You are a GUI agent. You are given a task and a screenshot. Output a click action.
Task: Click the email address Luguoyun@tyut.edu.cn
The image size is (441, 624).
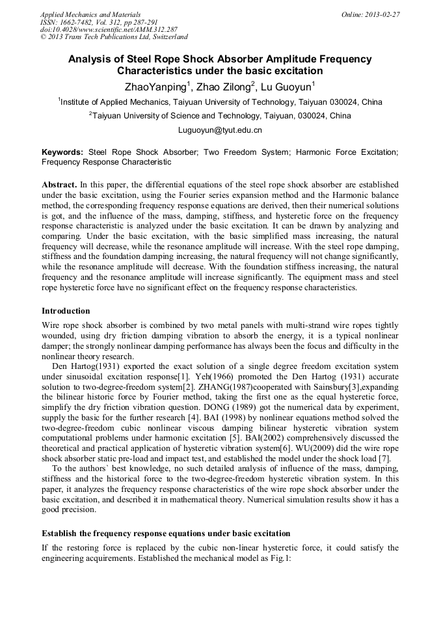pyautogui.click(x=220, y=130)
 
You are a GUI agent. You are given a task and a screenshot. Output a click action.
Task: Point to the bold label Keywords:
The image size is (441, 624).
pyautogui.click(x=62, y=152)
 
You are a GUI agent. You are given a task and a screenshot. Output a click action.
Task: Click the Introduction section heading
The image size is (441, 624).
pyautogui.click(x=66, y=311)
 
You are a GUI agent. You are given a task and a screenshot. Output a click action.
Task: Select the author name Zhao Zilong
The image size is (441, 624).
pyautogui.click(x=226, y=86)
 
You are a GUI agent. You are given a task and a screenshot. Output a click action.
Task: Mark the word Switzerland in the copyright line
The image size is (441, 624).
pyautogui.click(x=165, y=37)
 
